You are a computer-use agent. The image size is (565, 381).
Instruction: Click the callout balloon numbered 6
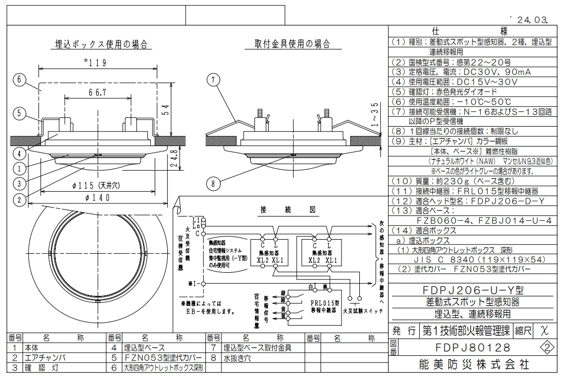[19, 80]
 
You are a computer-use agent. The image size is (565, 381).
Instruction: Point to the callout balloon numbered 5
[19, 112]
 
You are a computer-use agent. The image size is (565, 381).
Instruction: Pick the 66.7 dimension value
[95, 92]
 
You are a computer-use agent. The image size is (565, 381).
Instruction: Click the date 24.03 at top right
[531, 20]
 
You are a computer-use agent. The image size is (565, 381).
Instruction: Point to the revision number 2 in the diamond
[548, 347]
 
